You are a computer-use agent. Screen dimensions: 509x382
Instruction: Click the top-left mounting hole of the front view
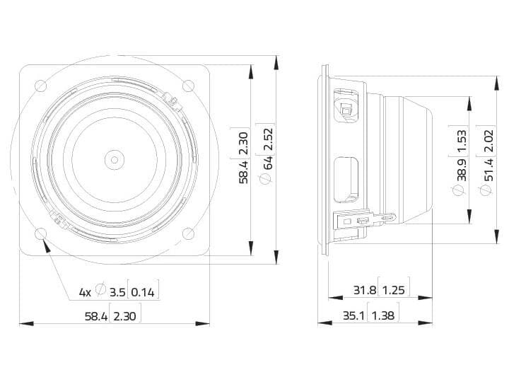(41, 86)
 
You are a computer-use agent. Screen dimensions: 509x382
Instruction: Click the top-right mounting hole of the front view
(188, 86)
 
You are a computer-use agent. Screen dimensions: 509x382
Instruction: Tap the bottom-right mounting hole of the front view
(188, 233)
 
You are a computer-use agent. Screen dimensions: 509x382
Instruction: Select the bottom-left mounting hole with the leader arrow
(41, 233)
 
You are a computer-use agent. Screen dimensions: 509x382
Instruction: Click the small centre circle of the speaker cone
(115, 160)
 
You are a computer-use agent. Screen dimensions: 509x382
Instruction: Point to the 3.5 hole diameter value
(117, 293)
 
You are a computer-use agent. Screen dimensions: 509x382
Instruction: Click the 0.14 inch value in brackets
(143, 293)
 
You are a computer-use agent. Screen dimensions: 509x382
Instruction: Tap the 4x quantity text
(85, 293)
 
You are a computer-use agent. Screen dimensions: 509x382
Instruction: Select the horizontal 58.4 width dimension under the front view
(96, 316)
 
